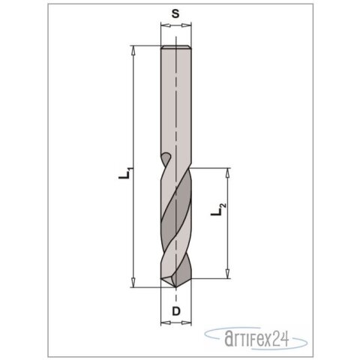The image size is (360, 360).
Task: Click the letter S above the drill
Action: tap(175, 13)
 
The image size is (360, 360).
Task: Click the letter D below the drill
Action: tap(175, 310)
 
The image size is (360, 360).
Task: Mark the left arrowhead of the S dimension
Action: tap(163, 26)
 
